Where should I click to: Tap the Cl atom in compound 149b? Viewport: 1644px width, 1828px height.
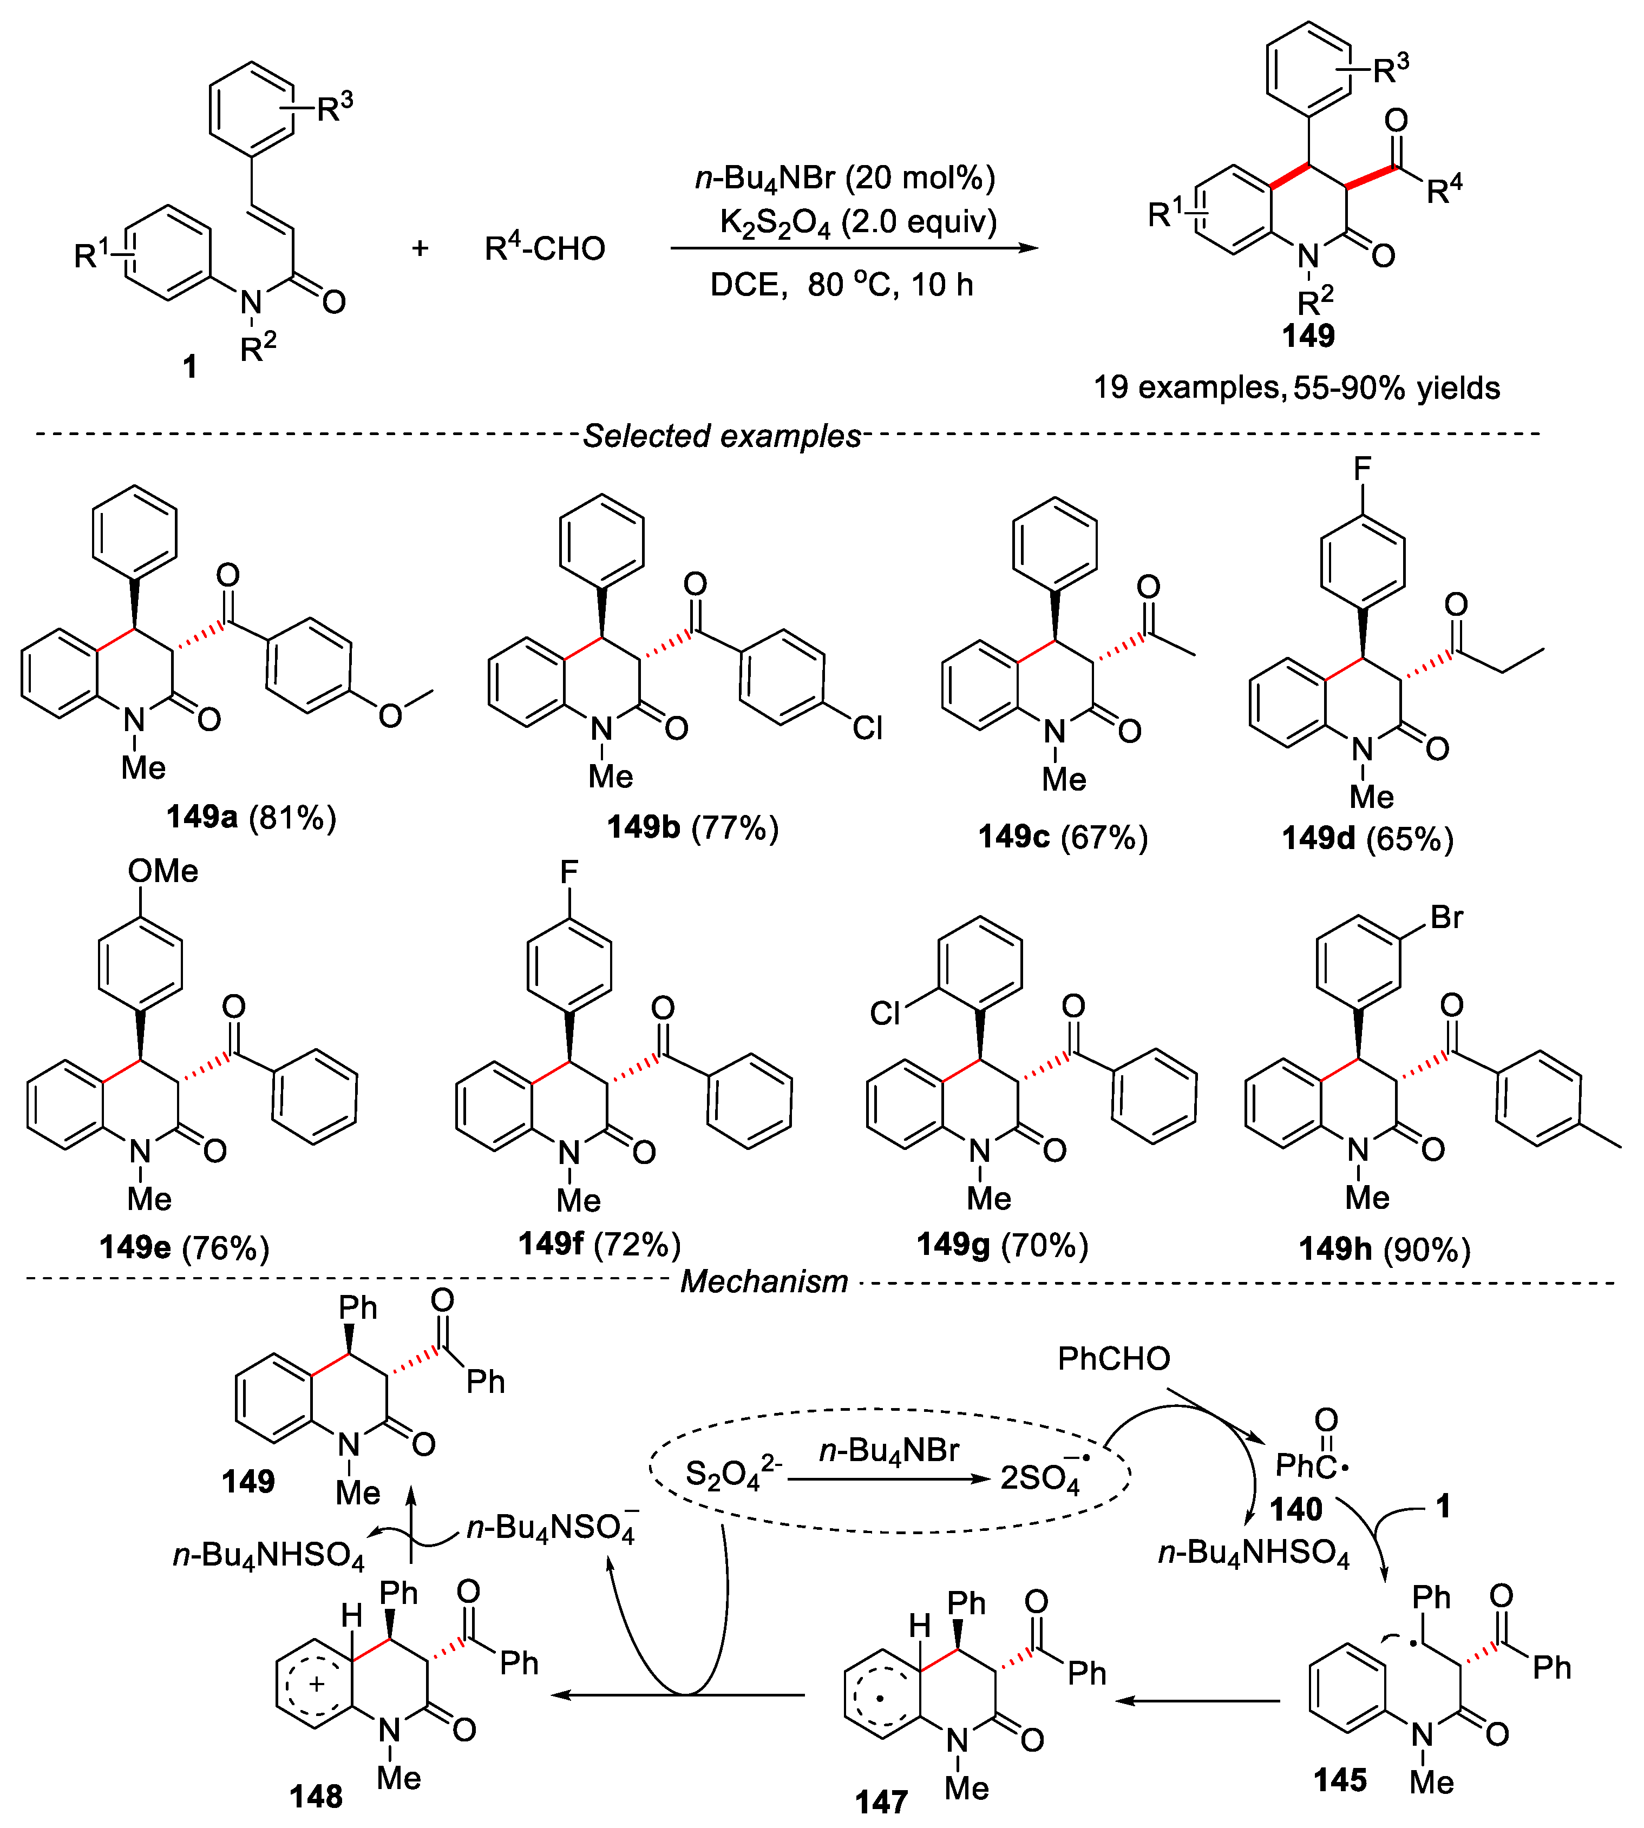point(867,728)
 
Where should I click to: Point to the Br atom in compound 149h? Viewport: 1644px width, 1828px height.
point(1446,918)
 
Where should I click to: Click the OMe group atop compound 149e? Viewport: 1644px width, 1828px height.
point(162,871)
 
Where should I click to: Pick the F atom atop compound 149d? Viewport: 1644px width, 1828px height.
point(1362,468)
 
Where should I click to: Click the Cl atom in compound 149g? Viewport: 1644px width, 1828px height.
point(885,1014)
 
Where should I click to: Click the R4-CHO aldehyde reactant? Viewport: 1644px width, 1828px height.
point(545,248)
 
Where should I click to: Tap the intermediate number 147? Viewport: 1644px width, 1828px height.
point(881,1803)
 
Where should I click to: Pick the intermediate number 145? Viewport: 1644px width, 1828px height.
point(1340,1780)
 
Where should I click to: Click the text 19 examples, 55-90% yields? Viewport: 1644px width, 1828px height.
point(1296,387)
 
